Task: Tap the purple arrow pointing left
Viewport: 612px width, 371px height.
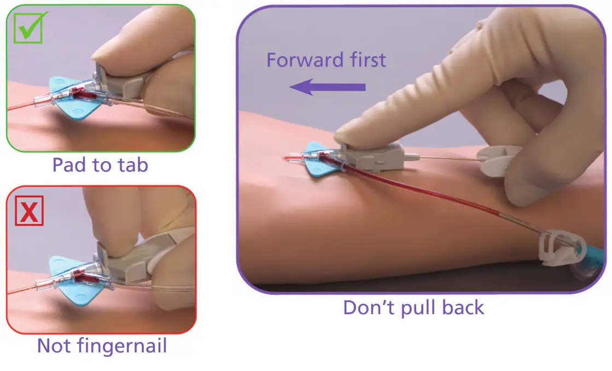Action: click(x=327, y=86)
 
